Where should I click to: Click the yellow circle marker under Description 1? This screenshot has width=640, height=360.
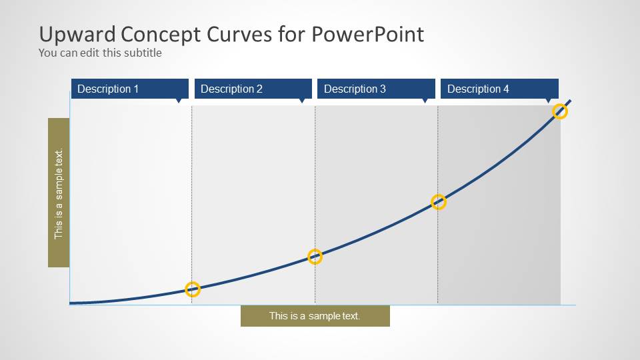pos(192,289)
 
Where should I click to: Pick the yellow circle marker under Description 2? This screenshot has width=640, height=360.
pos(315,257)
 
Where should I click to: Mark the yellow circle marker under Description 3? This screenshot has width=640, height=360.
pos(438,202)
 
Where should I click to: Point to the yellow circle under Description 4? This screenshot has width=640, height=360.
pos(560,111)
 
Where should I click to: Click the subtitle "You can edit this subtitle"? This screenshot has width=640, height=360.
pos(100,53)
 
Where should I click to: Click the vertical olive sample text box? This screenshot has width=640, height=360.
pos(59,193)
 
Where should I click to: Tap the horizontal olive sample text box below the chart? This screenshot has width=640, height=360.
pos(315,316)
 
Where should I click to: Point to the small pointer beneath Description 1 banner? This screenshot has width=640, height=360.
pos(178,101)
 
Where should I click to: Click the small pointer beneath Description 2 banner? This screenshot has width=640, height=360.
pos(301,101)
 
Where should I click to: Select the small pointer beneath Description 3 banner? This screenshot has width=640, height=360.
pos(425,101)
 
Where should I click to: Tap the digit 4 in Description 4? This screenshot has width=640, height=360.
pos(506,89)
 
